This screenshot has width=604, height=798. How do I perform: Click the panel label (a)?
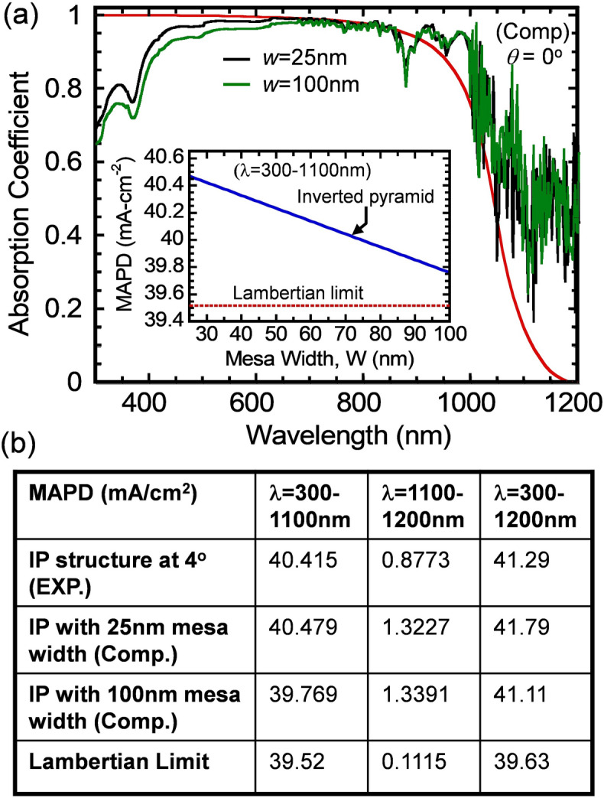pyautogui.click(x=20, y=16)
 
